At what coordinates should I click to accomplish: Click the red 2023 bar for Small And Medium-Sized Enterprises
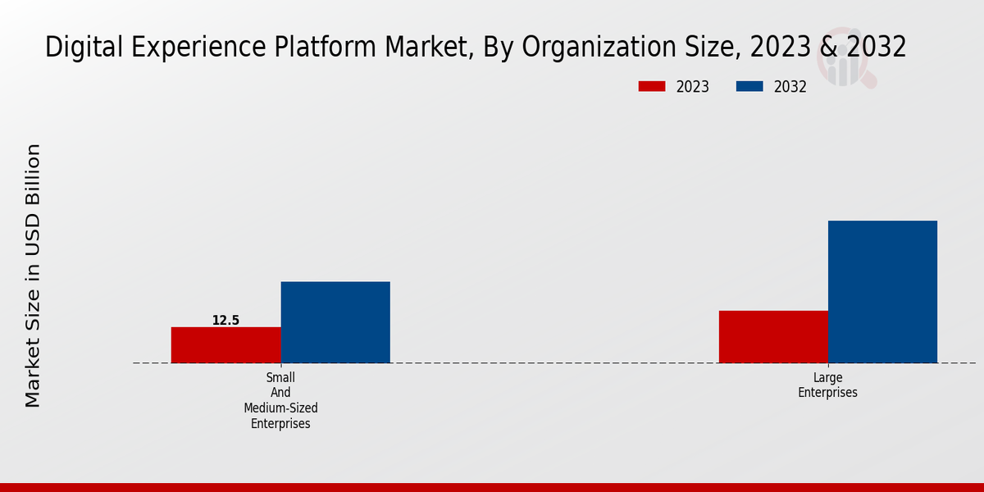pos(225,344)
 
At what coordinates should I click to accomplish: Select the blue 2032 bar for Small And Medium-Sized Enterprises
pos(335,322)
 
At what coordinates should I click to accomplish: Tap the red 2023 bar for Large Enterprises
pos(773,336)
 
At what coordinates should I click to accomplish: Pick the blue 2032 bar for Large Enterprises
pos(882,291)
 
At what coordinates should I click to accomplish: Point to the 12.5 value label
pos(225,321)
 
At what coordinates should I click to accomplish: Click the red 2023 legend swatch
pos(652,86)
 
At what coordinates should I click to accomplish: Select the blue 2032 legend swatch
pos(749,86)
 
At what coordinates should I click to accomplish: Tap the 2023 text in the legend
pos(693,87)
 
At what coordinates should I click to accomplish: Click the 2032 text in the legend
pos(790,87)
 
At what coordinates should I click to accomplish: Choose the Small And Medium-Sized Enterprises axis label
pos(280,400)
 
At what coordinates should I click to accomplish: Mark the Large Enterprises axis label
pos(827,385)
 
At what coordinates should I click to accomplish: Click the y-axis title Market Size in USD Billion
pos(33,276)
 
